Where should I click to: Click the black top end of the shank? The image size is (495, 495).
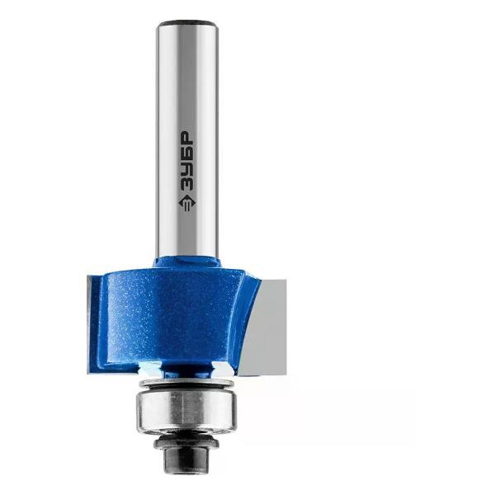pos(187,24)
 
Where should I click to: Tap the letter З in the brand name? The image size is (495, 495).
pos(187,187)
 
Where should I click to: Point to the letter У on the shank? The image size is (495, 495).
pos(187,171)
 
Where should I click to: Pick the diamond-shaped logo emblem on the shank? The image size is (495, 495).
pos(187,205)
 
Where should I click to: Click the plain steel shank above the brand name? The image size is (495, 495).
pos(187,79)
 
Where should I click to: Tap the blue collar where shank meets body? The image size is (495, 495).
pos(187,263)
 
